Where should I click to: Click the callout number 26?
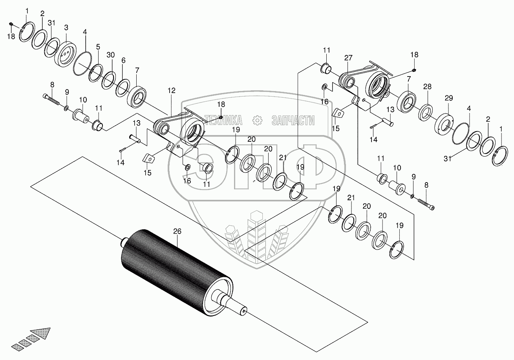coord(177,232)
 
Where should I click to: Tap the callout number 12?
coord(171,91)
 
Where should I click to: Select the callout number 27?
coord(348,58)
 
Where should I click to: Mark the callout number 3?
coord(66,28)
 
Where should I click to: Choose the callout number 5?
coord(98,47)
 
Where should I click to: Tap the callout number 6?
coord(123,60)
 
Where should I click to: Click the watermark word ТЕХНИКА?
coord(223,120)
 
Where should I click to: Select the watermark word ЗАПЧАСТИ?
coord(293,120)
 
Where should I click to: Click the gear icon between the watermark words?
coord(258,120)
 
